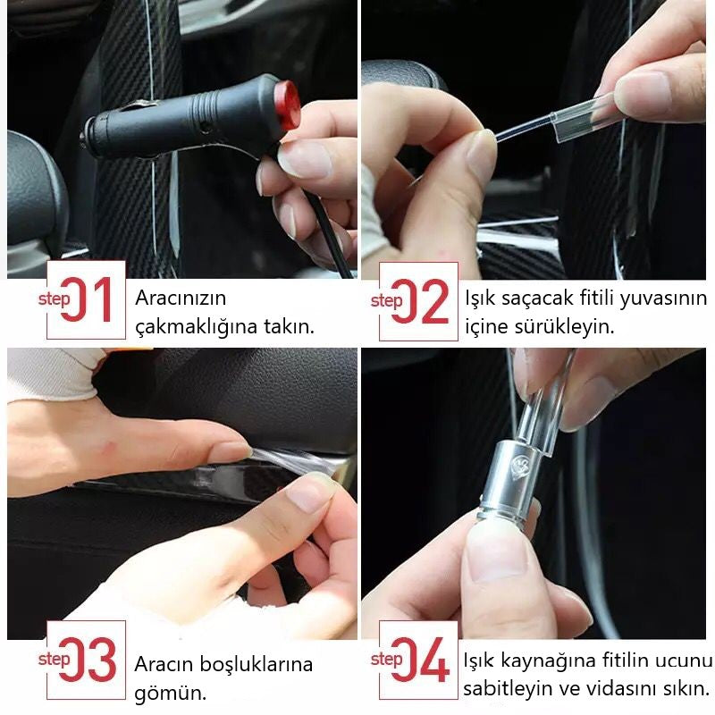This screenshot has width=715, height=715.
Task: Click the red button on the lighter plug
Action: (x=287, y=105)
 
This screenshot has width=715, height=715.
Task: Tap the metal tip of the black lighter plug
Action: (x=83, y=140)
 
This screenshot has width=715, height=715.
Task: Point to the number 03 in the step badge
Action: (x=88, y=660)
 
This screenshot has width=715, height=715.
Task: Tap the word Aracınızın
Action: (x=181, y=299)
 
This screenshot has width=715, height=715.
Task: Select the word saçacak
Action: (x=538, y=299)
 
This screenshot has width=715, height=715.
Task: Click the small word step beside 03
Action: (x=54, y=659)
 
